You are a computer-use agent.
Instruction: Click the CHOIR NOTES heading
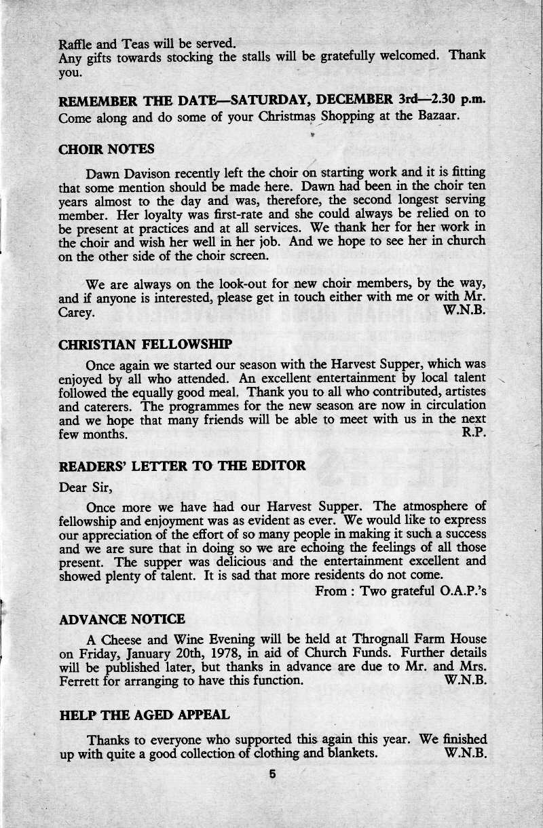(107, 149)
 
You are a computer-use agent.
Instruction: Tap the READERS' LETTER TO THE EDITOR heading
(183, 466)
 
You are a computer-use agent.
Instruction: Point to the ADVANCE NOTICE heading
(122, 619)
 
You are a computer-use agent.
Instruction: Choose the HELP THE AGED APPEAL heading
(145, 715)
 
